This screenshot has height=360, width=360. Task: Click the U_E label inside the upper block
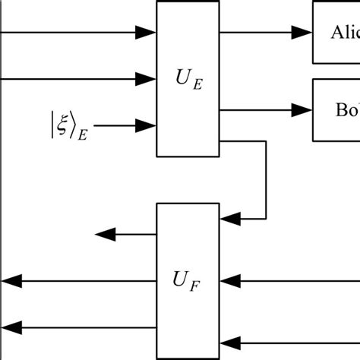(x=187, y=77)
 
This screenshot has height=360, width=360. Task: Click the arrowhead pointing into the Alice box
(x=305, y=32)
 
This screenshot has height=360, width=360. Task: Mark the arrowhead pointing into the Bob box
(x=305, y=110)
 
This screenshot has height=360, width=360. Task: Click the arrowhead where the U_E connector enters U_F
(x=228, y=219)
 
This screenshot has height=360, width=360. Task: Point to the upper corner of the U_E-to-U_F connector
(x=265, y=141)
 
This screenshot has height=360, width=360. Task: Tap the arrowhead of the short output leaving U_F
(x=104, y=235)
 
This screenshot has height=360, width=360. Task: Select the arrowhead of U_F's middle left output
(x=10, y=282)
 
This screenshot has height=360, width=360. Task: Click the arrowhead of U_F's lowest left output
(x=10, y=327)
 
